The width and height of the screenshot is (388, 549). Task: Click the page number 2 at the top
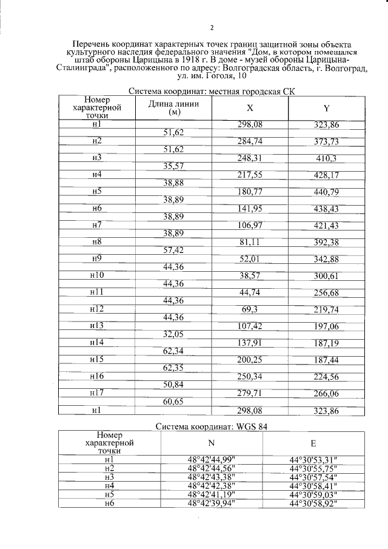pyautogui.click(x=212, y=27)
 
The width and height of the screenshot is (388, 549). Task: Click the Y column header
pyautogui.click(x=326, y=108)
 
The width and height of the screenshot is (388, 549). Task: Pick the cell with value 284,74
pyautogui.click(x=250, y=141)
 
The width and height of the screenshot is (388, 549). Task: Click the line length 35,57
pyautogui.click(x=173, y=166)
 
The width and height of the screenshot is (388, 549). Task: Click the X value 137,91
pyautogui.click(x=250, y=343)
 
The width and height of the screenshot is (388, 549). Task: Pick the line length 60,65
pyautogui.click(x=173, y=402)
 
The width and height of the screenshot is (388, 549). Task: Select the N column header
pyautogui.click(x=211, y=442)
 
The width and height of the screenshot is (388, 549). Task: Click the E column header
pyautogui.click(x=313, y=442)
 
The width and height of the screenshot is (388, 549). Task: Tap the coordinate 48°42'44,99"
pyautogui.click(x=211, y=459)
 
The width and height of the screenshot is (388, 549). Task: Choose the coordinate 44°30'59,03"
pyautogui.click(x=313, y=494)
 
